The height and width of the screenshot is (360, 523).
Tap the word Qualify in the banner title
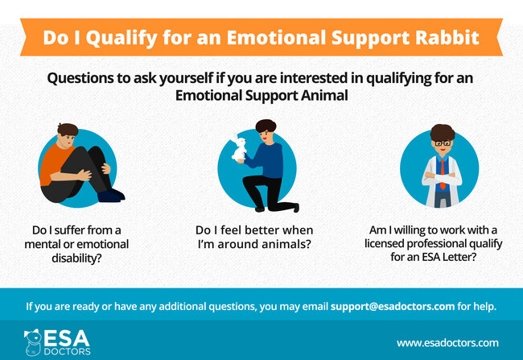pyautogui.click(x=121, y=39)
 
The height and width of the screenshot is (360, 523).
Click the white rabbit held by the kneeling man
pyautogui.click(x=239, y=149)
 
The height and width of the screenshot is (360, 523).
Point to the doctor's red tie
pyautogui.click(x=443, y=174)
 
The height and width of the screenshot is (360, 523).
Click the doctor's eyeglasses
pyautogui.click(x=443, y=143)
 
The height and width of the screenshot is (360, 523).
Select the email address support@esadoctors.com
pyautogui.click(x=393, y=307)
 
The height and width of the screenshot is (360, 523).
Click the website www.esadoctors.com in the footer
pyautogui.click(x=447, y=343)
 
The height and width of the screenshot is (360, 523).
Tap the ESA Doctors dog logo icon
pyautogui.click(x=33, y=342)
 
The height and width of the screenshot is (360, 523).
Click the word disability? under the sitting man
pyautogui.click(x=76, y=259)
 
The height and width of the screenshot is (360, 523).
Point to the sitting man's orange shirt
pyautogui.click(x=55, y=163)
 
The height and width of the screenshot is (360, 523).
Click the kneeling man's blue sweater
pyautogui.click(x=268, y=161)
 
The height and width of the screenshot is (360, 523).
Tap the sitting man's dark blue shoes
pyautogui.click(x=111, y=196)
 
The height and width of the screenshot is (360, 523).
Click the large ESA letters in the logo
pyautogui.click(x=67, y=338)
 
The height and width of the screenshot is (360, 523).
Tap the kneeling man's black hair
pyautogui.click(x=266, y=126)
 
